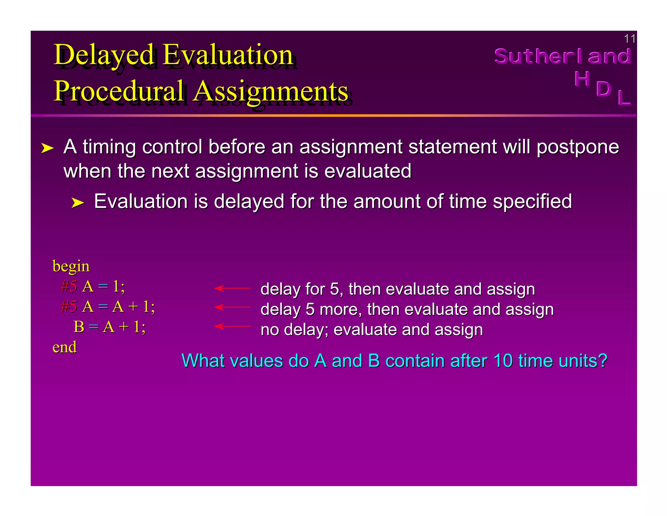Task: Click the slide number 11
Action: coord(629,39)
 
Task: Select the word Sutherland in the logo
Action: coord(562,56)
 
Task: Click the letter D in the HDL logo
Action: coord(603,89)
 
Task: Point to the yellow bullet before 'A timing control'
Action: coord(47,148)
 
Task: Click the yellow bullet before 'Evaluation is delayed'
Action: coord(78,203)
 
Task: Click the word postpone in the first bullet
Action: coord(578,147)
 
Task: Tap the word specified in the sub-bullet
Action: coord(532,201)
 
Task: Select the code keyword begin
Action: coord(71,266)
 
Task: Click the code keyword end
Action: coord(64,347)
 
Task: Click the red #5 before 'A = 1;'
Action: coord(69,287)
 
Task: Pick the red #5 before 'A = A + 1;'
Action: coord(69,307)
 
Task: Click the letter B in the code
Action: coord(79,327)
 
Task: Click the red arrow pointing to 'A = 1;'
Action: coord(232,288)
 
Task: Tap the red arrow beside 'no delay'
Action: coord(232,326)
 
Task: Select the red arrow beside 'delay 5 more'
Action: coord(232,307)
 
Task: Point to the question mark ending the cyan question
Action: coord(602,361)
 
